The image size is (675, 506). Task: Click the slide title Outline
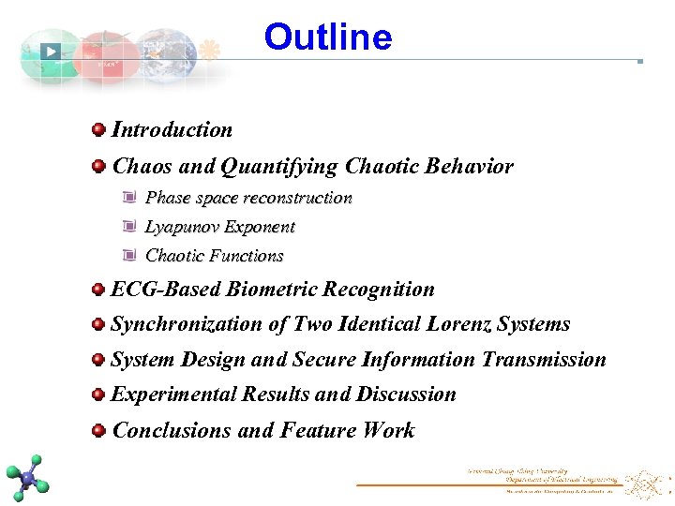point(328,37)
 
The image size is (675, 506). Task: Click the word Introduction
point(172,130)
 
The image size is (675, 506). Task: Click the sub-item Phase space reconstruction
point(248,198)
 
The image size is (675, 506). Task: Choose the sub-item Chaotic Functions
point(214,256)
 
